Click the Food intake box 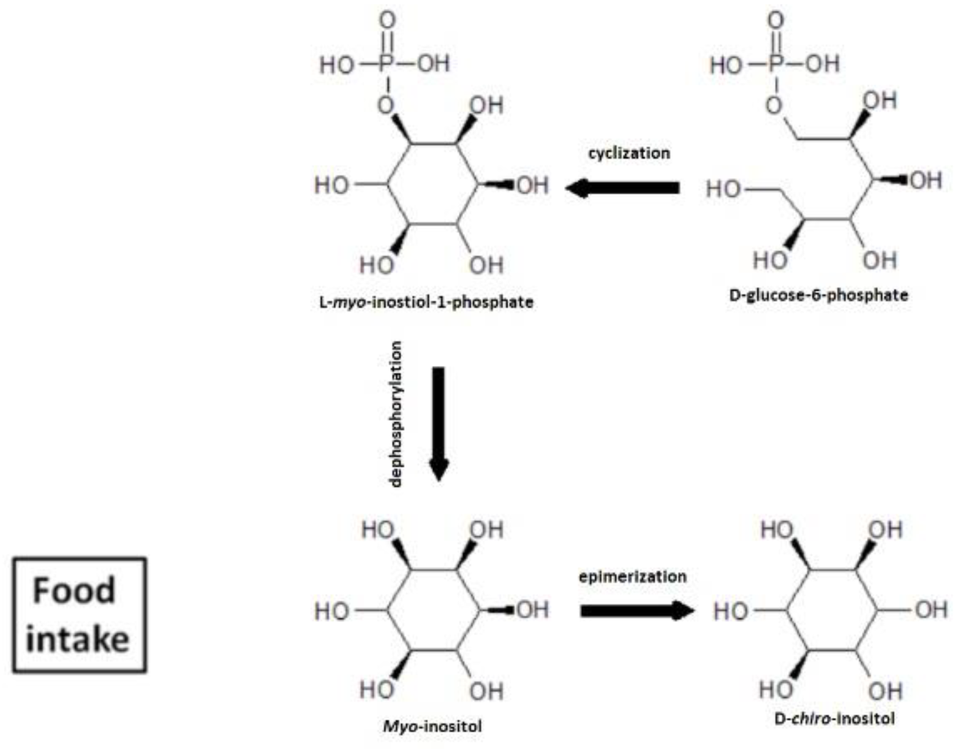(80, 614)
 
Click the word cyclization (628, 153)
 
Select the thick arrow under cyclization (622, 188)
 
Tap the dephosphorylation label (396, 414)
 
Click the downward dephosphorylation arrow (439, 423)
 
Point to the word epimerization (632, 577)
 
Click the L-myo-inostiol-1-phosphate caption (426, 302)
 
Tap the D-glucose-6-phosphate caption (818, 295)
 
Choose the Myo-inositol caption (432, 726)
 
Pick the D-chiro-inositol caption (834, 718)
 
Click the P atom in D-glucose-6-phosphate (776, 64)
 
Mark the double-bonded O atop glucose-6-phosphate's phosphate (776, 21)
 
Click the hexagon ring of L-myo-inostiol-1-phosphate (432, 184)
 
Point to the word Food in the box (74, 590)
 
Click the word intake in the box (78, 639)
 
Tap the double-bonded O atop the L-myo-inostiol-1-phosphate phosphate (387, 21)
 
